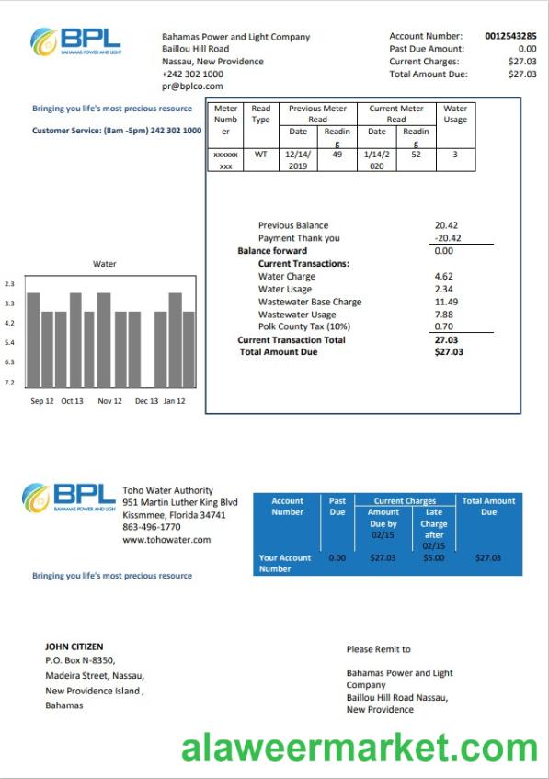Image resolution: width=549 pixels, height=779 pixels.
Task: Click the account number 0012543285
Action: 510,36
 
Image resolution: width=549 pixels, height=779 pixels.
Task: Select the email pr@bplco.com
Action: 192,86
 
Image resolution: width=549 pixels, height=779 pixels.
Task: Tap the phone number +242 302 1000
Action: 192,74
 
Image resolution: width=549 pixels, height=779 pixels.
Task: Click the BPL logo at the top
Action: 76,40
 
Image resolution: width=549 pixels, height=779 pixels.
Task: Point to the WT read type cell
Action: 260,155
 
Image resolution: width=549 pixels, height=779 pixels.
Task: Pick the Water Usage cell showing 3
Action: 454,155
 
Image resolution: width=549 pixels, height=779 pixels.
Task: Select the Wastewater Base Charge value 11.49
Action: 446,302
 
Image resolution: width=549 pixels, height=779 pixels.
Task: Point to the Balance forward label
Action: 272,251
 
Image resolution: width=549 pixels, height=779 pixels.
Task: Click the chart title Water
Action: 105,265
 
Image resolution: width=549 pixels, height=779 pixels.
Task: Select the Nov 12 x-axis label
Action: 110,401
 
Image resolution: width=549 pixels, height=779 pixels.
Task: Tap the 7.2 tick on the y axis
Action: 9,382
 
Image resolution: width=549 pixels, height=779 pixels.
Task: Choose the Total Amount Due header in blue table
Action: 488,506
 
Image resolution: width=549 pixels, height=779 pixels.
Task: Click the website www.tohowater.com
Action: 166,540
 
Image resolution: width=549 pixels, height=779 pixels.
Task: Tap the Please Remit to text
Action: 378,649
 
